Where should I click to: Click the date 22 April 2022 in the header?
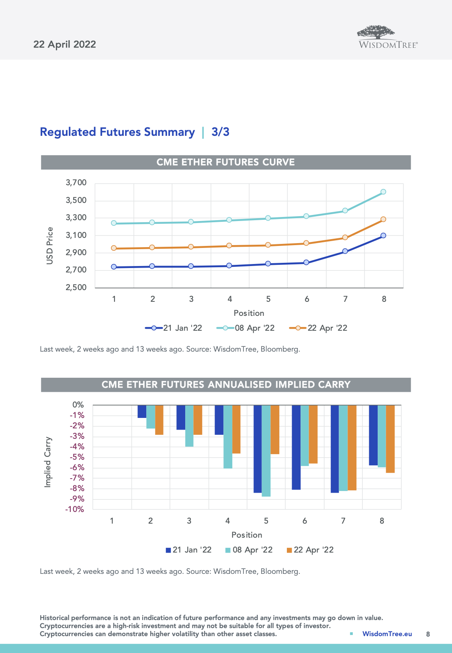click(x=65, y=44)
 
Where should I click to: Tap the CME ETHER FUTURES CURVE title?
click(x=225, y=162)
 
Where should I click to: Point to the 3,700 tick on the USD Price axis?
click(x=76, y=183)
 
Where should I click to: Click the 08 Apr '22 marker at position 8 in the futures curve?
click(x=383, y=192)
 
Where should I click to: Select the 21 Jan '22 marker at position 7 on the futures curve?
click(x=345, y=251)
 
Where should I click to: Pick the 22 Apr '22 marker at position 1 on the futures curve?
click(x=114, y=248)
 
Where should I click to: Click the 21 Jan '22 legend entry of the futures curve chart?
click(x=174, y=328)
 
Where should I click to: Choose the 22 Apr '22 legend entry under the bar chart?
click(x=310, y=550)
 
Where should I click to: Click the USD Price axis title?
click(x=50, y=246)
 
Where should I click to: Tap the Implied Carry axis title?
click(x=48, y=462)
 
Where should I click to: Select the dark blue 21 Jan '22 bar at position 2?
click(x=142, y=411)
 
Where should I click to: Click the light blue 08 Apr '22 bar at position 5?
click(x=266, y=450)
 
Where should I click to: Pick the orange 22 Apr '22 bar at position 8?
click(x=390, y=439)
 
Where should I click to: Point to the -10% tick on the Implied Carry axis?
click(x=75, y=509)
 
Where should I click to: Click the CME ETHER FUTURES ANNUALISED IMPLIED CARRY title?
click(x=226, y=385)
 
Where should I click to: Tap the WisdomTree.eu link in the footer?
click(x=387, y=634)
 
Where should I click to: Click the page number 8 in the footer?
click(x=428, y=634)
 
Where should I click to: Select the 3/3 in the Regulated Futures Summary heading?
click(x=220, y=132)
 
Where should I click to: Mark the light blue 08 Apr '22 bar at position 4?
click(x=228, y=436)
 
